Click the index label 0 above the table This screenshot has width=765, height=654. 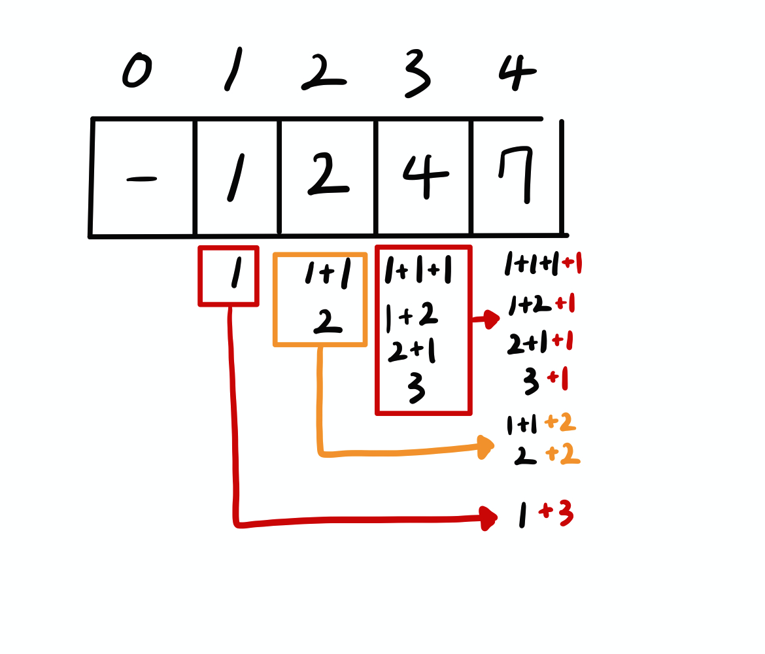(137, 71)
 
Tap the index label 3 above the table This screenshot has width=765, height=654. (416, 72)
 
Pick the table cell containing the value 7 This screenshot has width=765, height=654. (516, 177)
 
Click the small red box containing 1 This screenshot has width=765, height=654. (229, 275)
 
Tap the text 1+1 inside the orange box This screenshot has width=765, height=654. (327, 274)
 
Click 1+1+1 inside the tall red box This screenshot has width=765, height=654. (418, 269)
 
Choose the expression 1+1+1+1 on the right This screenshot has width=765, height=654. (543, 264)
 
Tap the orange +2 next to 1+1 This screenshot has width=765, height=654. (560, 423)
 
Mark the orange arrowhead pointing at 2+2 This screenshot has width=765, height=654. (486, 447)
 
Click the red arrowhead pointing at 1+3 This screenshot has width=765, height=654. (488, 518)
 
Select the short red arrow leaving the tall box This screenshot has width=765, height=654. (485, 320)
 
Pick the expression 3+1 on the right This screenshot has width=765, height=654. (546, 380)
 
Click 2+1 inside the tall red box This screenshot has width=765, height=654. (412, 351)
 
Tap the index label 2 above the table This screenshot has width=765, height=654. (324, 72)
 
